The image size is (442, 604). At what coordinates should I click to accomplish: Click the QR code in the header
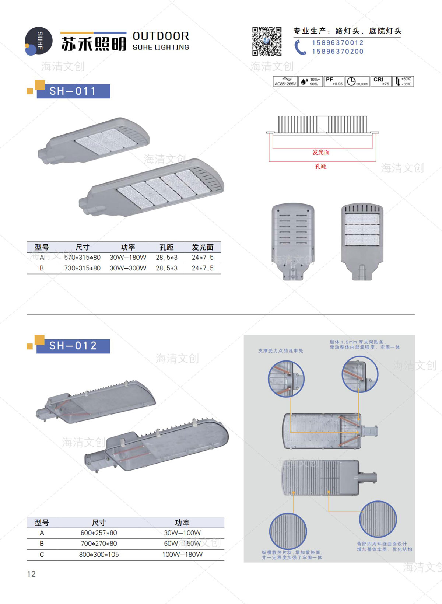pos(267,41)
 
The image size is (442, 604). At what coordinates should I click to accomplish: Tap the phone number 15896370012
pos(337,43)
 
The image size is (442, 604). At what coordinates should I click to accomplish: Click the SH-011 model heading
pos(73,91)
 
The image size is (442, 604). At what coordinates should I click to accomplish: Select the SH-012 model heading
pos(73,346)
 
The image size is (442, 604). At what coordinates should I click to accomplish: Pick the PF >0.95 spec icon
pos(334,81)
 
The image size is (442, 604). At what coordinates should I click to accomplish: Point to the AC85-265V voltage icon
pos(285,81)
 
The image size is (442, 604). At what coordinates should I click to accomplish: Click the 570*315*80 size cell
pos(82,258)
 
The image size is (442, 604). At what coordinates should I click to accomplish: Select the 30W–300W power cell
pos(128,268)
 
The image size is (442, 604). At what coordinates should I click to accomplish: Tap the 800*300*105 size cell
pos(99,555)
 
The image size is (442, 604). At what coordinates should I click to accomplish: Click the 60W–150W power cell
pos(182,544)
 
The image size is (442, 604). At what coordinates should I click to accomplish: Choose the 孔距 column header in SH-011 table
pos(166,247)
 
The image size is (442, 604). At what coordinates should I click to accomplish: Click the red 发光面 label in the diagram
pos(321,152)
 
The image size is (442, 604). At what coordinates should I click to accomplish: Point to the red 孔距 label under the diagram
pos(321,167)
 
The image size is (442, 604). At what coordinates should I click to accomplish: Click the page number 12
pos(31,574)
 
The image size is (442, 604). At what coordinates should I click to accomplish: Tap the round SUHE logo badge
pos(38,41)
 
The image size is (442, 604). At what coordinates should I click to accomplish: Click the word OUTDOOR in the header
pos(161,36)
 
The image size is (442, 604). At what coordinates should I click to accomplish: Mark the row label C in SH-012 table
pos(42,555)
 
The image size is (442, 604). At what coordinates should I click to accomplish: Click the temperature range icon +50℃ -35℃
pos(403,81)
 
